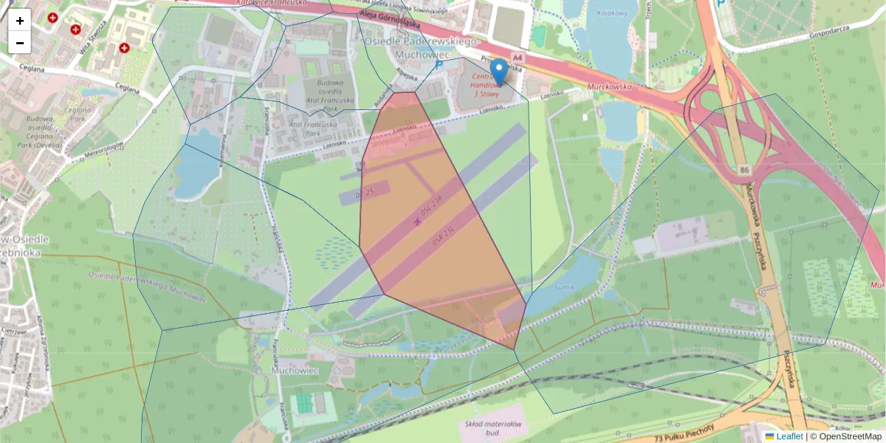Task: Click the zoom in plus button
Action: [20, 20]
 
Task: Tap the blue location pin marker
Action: [499, 72]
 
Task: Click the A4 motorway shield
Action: [517, 57]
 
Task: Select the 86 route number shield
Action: [744, 171]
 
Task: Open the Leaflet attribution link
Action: [789, 436]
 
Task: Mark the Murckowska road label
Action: [611, 86]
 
